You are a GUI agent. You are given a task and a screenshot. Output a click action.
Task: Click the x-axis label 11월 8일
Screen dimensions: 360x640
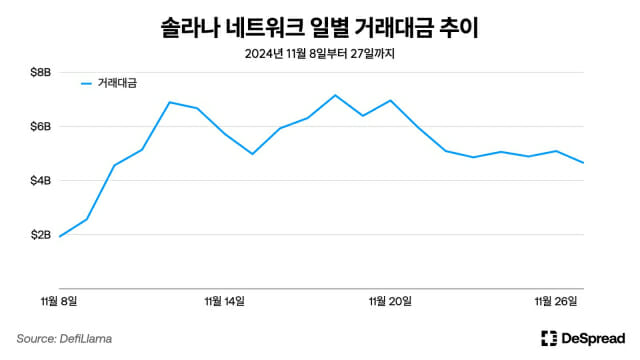pyautogui.click(x=58, y=300)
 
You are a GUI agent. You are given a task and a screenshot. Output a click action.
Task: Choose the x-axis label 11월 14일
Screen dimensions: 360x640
pyautogui.click(x=224, y=300)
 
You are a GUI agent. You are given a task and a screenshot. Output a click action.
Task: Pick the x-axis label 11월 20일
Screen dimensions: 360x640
pyautogui.click(x=390, y=300)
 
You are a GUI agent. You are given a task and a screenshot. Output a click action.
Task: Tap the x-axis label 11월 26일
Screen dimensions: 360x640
pyautogui.click(x=556, y=300)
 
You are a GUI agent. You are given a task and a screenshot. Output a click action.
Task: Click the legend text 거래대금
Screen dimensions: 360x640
pyautogui.click(x=117, y=85)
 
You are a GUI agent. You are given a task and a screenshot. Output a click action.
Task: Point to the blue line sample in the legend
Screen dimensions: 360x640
pyautogui.click(x=86, y=85)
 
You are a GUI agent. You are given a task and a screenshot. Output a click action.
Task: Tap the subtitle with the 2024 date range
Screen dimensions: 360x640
pyautogui.click(x=320, y=53)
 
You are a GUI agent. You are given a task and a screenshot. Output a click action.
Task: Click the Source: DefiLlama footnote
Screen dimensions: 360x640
pyautogui.click(x=64, y=339)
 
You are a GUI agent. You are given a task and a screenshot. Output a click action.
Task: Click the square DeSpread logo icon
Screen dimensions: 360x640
pyautogui.click(x=548, y=338)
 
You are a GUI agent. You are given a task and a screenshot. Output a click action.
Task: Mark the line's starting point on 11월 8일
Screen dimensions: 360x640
pyautogui.click(x=59, y=237)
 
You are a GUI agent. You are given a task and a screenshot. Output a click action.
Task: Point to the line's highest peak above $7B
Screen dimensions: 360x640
pyautogui.click(x=335, y=95)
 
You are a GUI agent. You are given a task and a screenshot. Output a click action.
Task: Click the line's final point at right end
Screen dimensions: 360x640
pyautogui.click(x=584, y=163)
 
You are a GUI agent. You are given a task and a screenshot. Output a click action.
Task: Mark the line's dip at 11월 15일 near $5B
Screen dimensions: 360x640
pyautogui.click(x=252, y=154)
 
